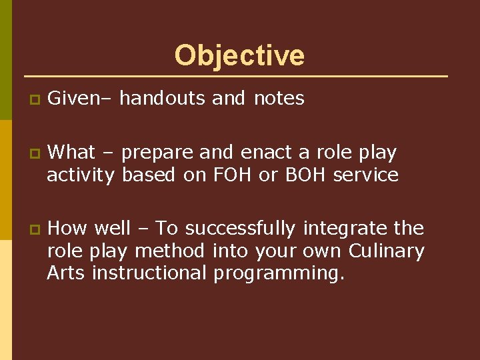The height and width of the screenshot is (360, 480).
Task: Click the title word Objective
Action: (x=239, y=56)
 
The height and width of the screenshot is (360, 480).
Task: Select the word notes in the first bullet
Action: (x=279, y=99)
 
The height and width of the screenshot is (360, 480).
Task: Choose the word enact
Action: (x=267, y=153)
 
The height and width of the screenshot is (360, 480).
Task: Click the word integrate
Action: (x=345, y=229)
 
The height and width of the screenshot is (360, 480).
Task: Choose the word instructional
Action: (x=149, y=273)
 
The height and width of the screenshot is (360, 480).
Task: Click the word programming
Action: (x=279, y=273)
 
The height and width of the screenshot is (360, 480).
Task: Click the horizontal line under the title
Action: (x=236, y=76)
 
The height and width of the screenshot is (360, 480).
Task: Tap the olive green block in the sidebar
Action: (x=6, y=60)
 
